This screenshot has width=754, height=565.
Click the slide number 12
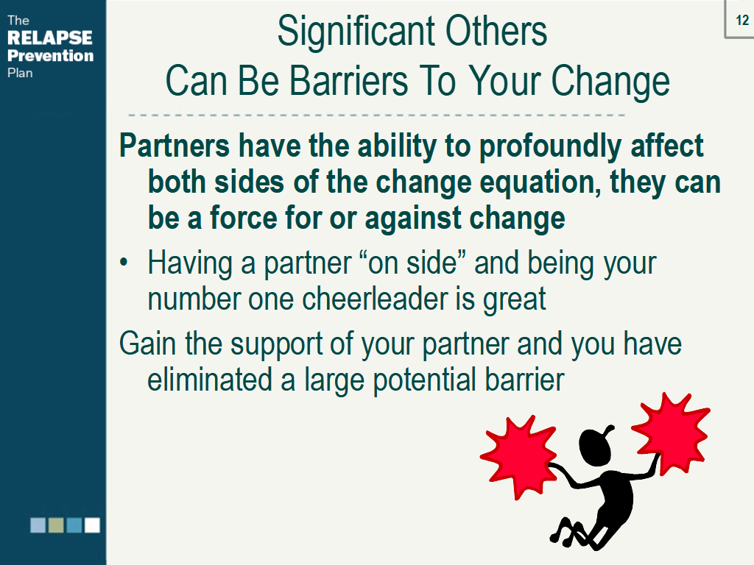coord(742,20)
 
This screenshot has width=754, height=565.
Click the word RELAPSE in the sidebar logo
coord(50,38)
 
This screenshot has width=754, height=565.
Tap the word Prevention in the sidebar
coord(51,55)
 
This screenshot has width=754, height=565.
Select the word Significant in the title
coord(353,32)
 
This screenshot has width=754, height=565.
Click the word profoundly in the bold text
coord(550,146)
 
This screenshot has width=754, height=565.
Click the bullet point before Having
coord(124,263)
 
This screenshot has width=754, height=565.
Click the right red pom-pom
coord(671,433)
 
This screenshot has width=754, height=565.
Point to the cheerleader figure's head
coord(595,445)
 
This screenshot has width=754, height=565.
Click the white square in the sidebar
coord(92,525)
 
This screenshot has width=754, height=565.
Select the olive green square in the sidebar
coord(56,525)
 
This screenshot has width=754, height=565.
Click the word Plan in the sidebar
coord(20,73)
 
